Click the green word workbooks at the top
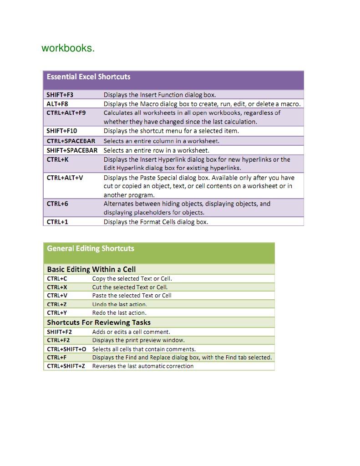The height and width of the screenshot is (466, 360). pyautogui.click(x=68, y=48)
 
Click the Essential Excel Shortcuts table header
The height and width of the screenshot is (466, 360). pyautogui.click(x=88, y=77)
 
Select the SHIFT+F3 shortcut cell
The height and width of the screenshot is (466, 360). pyautogui.click(x=60, y=95)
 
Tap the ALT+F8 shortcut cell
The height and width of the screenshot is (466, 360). pyautogui.click(x=57, y=104)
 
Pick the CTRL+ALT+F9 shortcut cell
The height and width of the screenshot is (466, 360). pyautogui.click(x=66, y=113)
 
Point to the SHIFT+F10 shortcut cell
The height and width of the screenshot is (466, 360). pyautogui.click(x=62, y=131)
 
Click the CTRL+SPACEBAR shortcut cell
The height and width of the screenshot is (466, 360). pyautogui.click(x=71, y=141)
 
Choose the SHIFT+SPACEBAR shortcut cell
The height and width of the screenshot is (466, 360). pyautogui.click(x=72, y=150)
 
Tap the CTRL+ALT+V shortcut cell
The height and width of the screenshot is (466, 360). pyautogui.click(x=65, y=177)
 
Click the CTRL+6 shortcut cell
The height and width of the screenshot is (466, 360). pyautogui.click(x=57, y=204)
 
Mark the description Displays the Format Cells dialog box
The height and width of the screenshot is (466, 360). pyautogui.click(x=156, y=222)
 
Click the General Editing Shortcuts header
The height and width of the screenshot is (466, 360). pyautogui.click(x=91, y=248)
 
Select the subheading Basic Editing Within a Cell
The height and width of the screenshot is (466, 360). pyautogui.click(x=91, y=269)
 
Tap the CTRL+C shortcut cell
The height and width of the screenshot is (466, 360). pyautogui.click(x=57, y=278)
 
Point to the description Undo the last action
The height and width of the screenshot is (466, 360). pyautogui.click(x=120, y=304)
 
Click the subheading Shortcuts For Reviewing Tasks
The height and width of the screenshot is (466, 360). pyautogui.click(x=99, y=323)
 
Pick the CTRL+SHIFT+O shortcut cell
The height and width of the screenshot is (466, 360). pyautogui.click(x=66, y=349)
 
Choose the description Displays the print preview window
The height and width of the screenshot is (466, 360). pyautogui.click(x=138, y=340)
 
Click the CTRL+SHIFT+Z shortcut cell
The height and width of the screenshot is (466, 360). pyautogui.click(x=66, y=366)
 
